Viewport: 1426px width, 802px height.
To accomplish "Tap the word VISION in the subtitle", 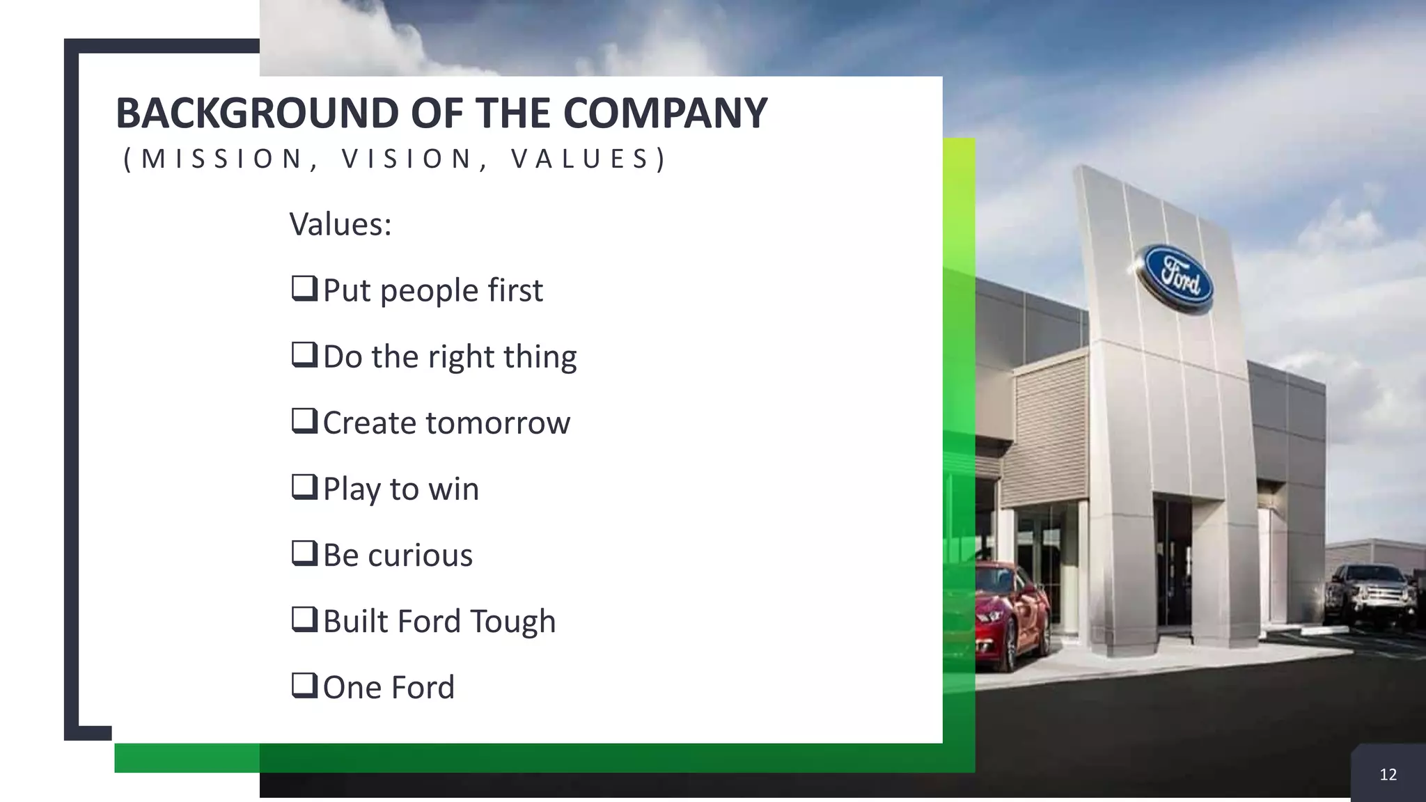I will pyautogui.click(x=407, y=159).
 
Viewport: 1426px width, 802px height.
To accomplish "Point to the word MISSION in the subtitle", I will pyautogui.click(x=221, y=159).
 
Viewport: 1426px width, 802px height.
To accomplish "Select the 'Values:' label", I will pyautogui.click(x=340, y=224).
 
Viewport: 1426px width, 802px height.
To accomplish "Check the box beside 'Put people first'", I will pyautogui.click(x=304, y=288).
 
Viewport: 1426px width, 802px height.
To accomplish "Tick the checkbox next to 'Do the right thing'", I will pyautogui.click(x=304, y=354).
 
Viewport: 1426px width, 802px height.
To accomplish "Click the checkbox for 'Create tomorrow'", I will pyautogui.click(x=304, y=420).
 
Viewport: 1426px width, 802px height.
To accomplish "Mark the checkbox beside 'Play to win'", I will pyautogui.click(x=304, y=487).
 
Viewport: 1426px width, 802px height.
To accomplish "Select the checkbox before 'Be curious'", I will pyautogui.click(x=304, y=553).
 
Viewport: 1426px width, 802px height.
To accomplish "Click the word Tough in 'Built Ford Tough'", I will pyautogui.click(x=512, y=622).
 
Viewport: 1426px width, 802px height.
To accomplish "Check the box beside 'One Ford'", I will pyautogui.click(x=304, y=685).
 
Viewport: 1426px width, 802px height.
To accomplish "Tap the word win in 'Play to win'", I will pyautogui.click(x=453, y=489).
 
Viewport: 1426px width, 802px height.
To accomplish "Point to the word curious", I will pyautogui.click(x=420, y=556).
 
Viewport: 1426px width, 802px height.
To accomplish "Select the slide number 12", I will pyautogui.click(x=1388, y=775).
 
